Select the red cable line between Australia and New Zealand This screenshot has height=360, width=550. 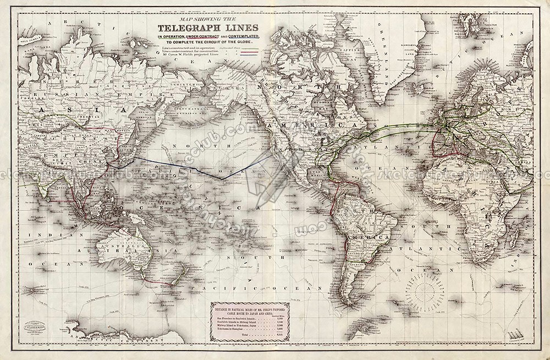[x=159, y=283]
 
